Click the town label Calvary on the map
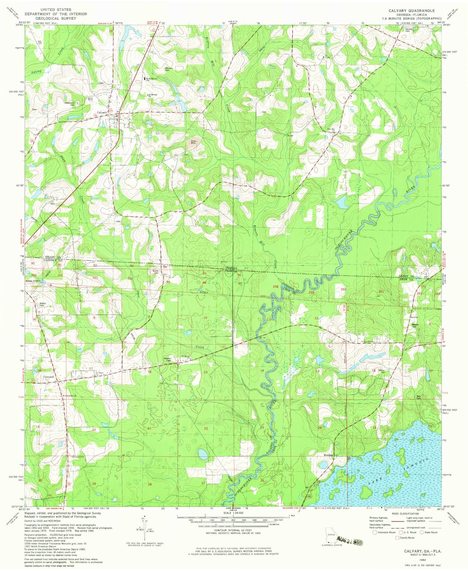[102, 113]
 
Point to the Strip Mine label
[194, 142]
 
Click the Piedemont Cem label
[70, 104]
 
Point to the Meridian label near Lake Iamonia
[328, 455]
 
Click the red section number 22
[206, 429]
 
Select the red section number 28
[150, 484]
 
